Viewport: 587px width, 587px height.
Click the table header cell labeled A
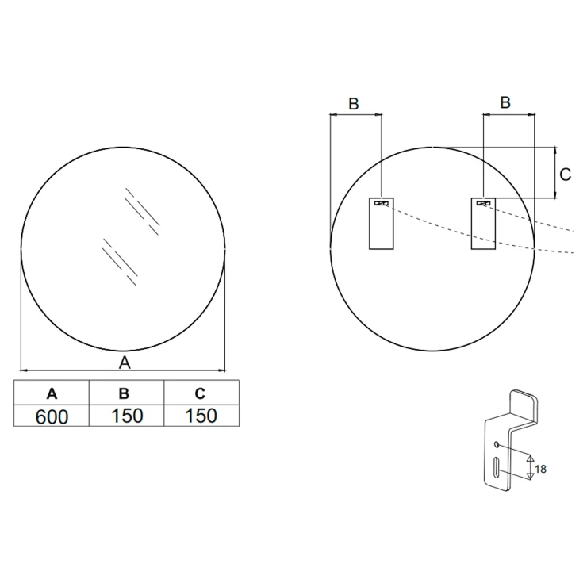[52, 393]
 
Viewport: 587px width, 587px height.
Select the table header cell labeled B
[127, 393]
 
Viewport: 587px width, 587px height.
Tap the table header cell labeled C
[201, 393]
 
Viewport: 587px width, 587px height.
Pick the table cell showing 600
[52, 416]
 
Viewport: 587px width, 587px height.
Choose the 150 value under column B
[127, 416]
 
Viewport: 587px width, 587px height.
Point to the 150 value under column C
[201, 416]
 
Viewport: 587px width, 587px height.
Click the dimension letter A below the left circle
[125, 363]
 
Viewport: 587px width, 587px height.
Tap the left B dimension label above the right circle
[354, 104]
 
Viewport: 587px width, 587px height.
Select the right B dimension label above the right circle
[505, 102]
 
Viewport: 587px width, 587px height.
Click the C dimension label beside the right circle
[565, 175]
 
